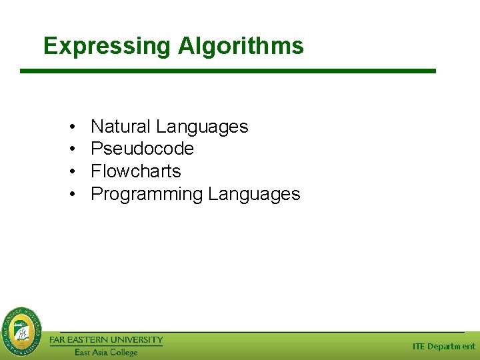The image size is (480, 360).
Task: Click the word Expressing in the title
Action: pos(107,46)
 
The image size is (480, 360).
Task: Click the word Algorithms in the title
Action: pos(241,46)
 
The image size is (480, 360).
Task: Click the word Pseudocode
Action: pos(142,149)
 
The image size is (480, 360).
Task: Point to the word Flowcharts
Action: pos(135,171)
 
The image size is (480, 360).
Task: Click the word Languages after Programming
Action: pos(254,194)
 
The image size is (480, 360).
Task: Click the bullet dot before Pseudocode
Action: pos(71,149)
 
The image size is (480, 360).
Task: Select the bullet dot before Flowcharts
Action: pos(71,172)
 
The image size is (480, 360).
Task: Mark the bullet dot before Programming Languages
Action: pos(71,195)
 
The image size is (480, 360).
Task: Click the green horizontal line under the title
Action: pos(227,71)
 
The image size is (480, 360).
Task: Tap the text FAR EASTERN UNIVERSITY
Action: pos(106,340)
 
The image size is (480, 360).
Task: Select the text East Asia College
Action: pos(105,352)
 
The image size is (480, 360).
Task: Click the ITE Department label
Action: pos(443,346)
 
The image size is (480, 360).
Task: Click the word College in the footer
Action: pos(124,352)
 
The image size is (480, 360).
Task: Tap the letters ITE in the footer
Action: pos(419,346)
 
